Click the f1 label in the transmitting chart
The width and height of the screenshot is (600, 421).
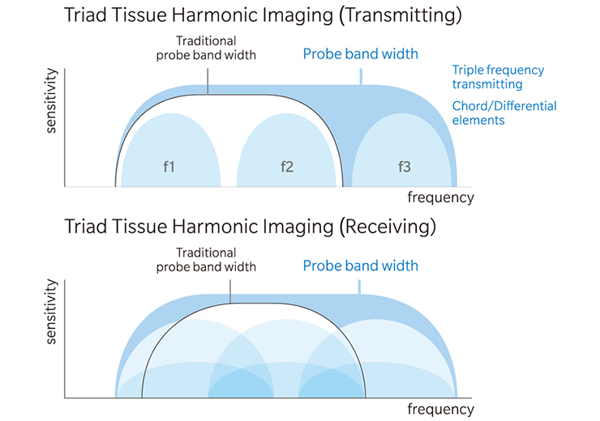(169, 167)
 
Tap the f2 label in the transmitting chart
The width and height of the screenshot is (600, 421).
(287, 167)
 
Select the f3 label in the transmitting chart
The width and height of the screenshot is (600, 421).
(405, 167)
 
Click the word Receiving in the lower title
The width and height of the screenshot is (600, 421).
(388, 227)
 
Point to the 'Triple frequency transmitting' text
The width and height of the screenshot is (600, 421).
(498, 77)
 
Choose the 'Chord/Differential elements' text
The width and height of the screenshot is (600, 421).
(504, 113)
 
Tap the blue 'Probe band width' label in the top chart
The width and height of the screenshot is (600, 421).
(361, 54)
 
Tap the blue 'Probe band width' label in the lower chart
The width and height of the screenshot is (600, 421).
(361, 266)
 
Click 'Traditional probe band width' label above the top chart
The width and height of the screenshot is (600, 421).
(206, 48)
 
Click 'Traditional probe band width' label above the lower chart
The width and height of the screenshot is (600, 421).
(206, 260)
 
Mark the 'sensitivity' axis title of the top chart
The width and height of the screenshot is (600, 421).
(51, 100)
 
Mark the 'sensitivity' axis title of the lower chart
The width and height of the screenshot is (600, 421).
(51, 312)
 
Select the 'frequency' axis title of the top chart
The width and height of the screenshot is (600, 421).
(441, 198)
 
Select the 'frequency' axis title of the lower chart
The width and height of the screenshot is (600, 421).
(441, 409)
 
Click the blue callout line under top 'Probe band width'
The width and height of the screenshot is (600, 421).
(362, 76)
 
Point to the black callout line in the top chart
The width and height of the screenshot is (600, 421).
(208, 82)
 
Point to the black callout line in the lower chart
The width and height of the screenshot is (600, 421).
(230, 291)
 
